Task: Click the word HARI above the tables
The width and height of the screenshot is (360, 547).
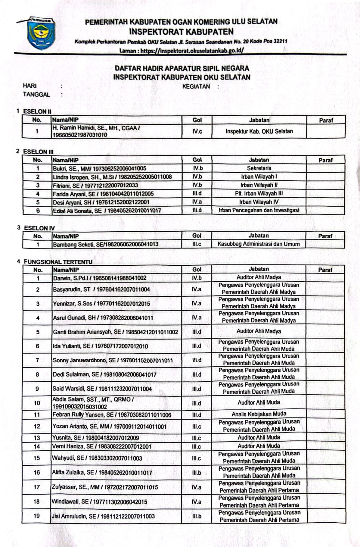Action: pyautogui.click(x=29, y=86)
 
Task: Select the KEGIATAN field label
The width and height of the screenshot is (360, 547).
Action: pyautogui.click(x=196, y=86)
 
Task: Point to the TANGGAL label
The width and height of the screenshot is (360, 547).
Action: pyautogui.click(x=36, y=95)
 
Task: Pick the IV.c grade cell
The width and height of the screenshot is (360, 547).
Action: pyautogui.click(x=197, y=131)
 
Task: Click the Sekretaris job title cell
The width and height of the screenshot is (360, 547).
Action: pyautogui.click(x=259, y=168)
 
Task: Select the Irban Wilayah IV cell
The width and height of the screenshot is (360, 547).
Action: pyautogui.click(x=259, y=202)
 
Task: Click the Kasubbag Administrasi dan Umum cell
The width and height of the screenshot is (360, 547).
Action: pyautogui.click(x=259, y=244)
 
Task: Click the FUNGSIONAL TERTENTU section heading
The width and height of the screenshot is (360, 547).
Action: pyautogui.click(x=58, y=262)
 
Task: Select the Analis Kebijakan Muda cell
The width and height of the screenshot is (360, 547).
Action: pyautogui.click(x=259, y=414)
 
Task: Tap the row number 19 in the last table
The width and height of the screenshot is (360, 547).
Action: pyautogui.click(x=37, y=516)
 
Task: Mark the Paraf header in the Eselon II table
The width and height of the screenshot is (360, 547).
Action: pyautogui.click(x=326, y=120)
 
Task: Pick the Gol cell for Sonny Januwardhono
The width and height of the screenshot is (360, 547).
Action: pyautogui.click(x=197, y=360)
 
